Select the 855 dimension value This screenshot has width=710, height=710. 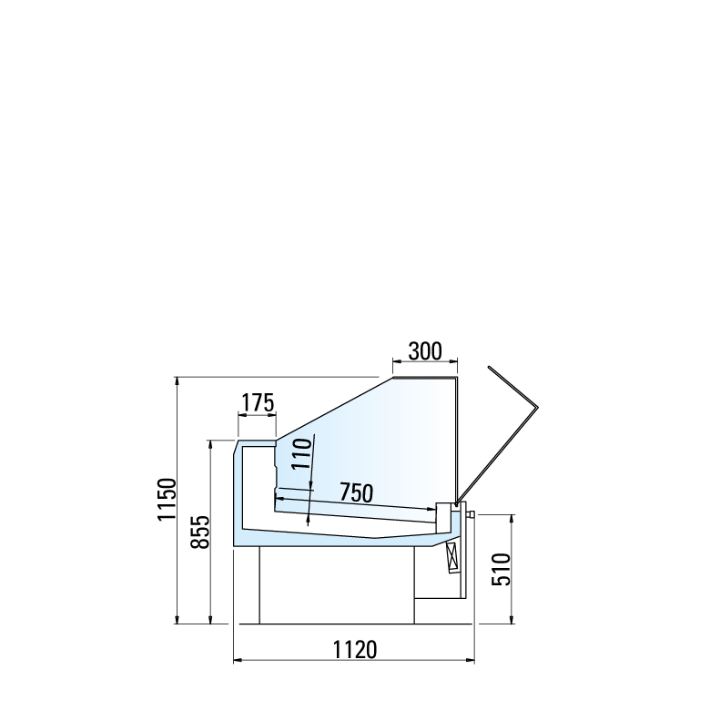(x=200, y=532)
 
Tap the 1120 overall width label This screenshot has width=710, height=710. (x=355, y=650)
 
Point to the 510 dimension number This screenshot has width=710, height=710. (x=502, y=569)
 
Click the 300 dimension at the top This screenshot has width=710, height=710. (x=425, y=351)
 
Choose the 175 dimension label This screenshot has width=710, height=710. (x=258, y=402)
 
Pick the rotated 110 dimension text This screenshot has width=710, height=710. (x=302, y=453)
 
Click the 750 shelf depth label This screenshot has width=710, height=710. (x=356, y=492)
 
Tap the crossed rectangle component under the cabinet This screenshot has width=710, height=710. (x=453, y=557)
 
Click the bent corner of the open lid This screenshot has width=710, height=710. (x=537, y=407)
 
